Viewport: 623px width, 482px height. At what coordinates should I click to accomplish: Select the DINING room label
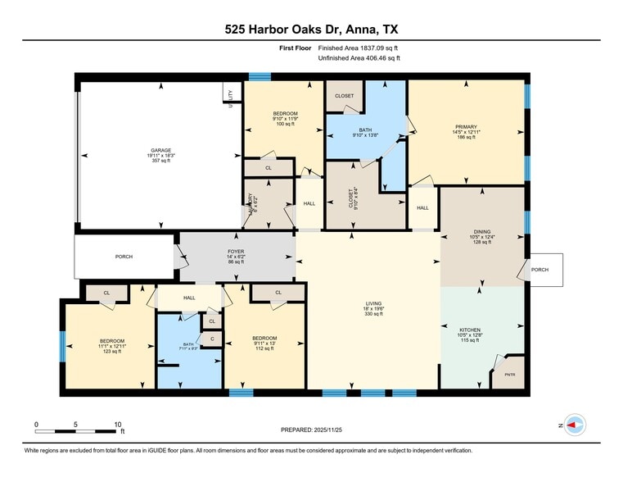(x=481, y=237)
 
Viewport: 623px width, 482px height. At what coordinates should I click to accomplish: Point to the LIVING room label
(x=373, y=307)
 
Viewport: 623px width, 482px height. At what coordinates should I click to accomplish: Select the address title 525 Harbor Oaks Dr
(x=312, y=29)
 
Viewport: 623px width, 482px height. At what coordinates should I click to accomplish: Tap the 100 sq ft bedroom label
(x=284, y=119)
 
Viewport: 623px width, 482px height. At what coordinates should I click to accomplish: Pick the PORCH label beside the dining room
(x=540, y=270)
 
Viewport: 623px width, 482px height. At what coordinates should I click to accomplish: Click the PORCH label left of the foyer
(x=124, y=257)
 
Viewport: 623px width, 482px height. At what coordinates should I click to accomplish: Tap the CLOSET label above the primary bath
(x=345, y=96)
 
